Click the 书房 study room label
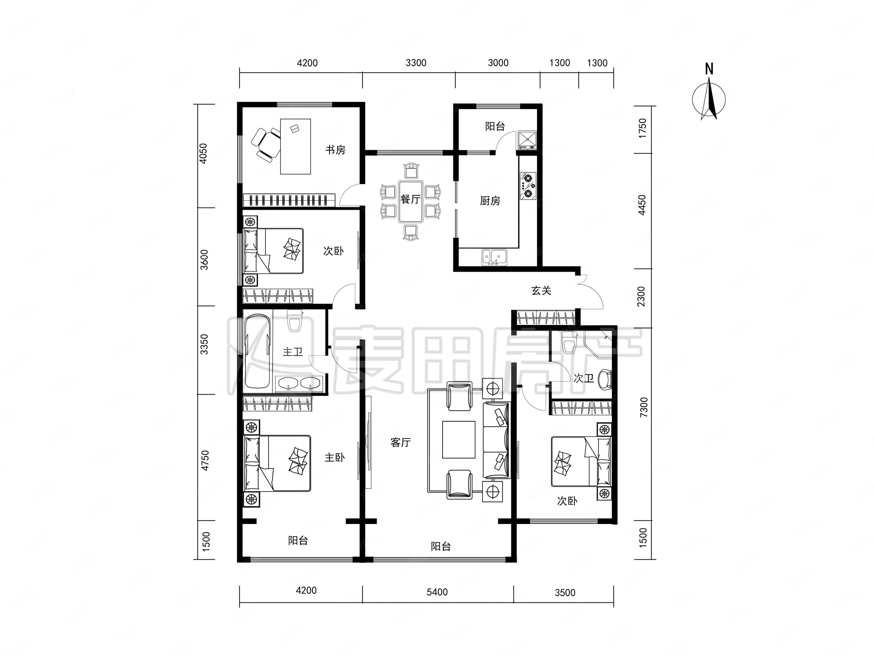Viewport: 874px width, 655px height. pyautogui.click(x=335, y=150)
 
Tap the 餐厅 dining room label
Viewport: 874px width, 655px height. pyautogui.click(x=410, y=199)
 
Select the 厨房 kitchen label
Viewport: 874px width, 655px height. pyautogui.click(x=490, y=201)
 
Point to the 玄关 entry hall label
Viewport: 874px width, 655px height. pyautogui.click(x=541, y=291)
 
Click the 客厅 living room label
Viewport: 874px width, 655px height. pyautogui.click(x=401, y=443)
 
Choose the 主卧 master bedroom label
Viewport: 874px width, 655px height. pyautogui.click(x=335, y=458)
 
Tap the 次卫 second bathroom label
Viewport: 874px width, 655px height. pyautogui.click(x=584, y=378)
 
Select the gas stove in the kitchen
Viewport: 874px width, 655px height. pyautogui.click(x=528, y=186)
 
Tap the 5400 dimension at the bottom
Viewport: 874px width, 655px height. pyautogui.click(x=437, y=592)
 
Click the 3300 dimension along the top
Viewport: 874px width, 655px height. pyautogui.click(x=416, y=63)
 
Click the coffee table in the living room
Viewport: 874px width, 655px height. pyautogui.click(x=459, y=440)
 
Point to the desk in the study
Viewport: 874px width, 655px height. pyautogui.click(x=296, y=146)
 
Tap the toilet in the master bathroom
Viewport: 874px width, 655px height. pyautogui.click(x=295, y=321)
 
